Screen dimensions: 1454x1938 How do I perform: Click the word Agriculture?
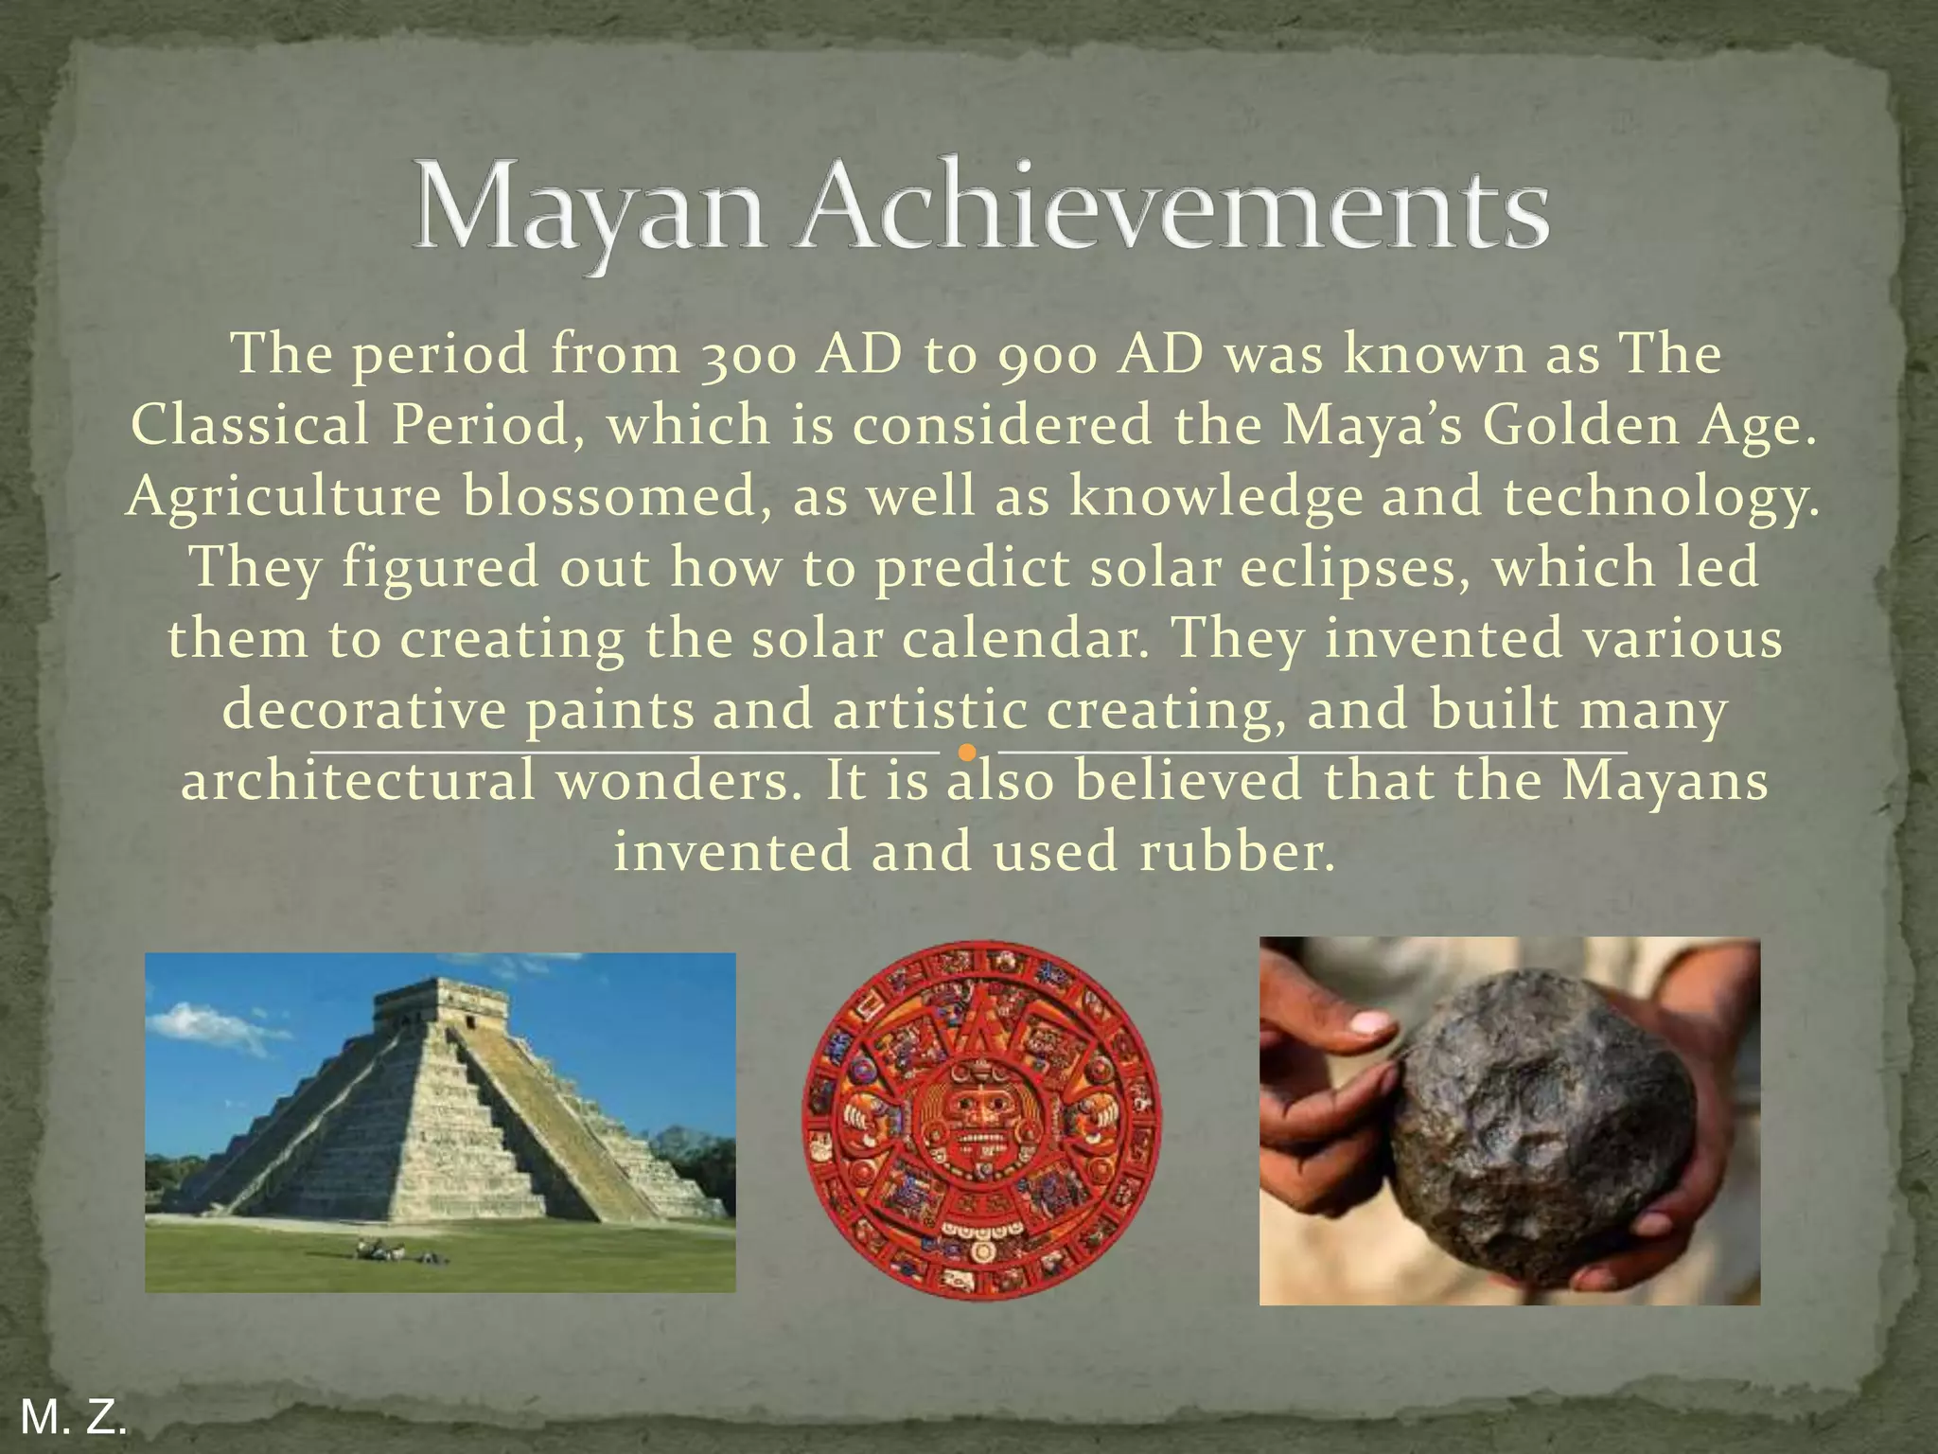pos(284,497)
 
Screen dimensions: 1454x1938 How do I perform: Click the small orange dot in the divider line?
pos(966,753)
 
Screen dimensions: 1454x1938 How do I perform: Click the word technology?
pos(1662,497)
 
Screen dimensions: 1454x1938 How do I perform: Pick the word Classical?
pos(250,425)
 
